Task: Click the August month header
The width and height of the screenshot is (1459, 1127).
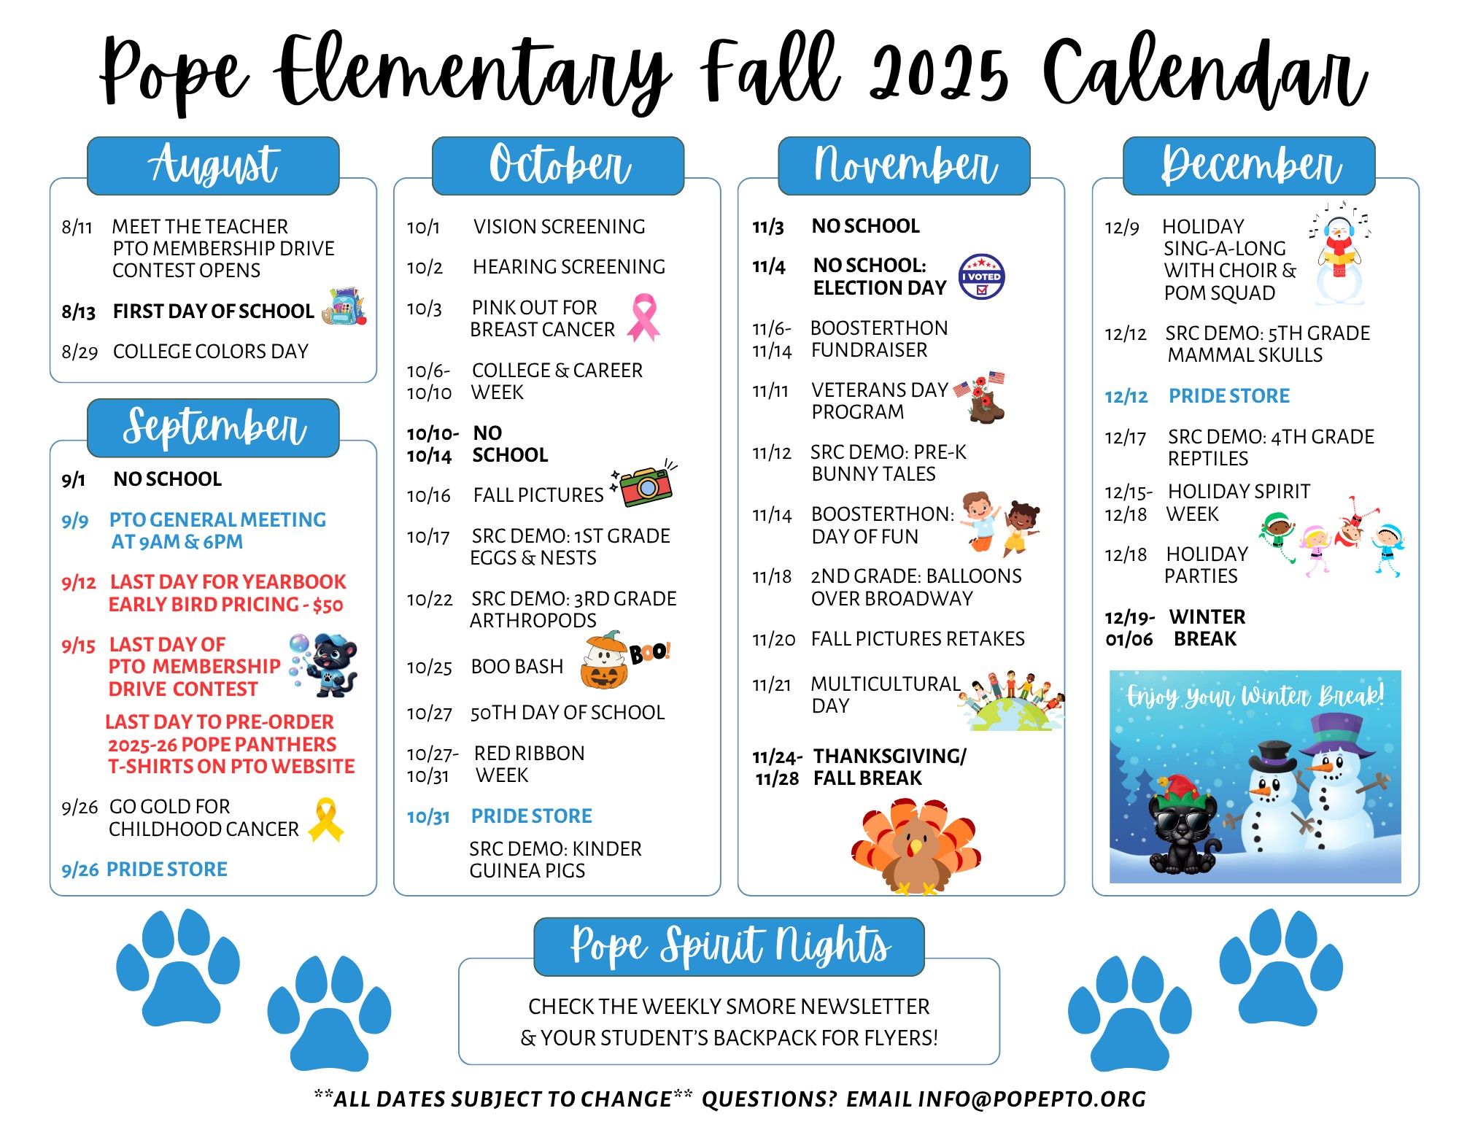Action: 213,166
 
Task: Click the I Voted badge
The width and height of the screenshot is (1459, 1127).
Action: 981,277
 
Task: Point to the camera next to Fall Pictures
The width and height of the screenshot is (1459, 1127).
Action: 645,484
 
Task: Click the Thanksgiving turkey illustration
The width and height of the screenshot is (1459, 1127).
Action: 916,846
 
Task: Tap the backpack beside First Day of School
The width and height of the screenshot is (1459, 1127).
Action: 344,306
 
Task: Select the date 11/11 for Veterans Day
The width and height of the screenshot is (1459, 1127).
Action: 770,391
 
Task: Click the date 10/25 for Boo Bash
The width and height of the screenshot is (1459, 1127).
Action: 429,667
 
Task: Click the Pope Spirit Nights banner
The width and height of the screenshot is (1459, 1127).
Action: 729,946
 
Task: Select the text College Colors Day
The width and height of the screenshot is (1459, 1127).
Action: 210,352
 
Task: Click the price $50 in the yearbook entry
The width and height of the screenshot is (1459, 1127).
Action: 328,605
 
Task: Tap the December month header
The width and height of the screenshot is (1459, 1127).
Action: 1249,166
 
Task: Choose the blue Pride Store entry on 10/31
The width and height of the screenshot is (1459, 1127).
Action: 531,816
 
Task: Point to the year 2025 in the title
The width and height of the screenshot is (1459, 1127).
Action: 940,73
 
